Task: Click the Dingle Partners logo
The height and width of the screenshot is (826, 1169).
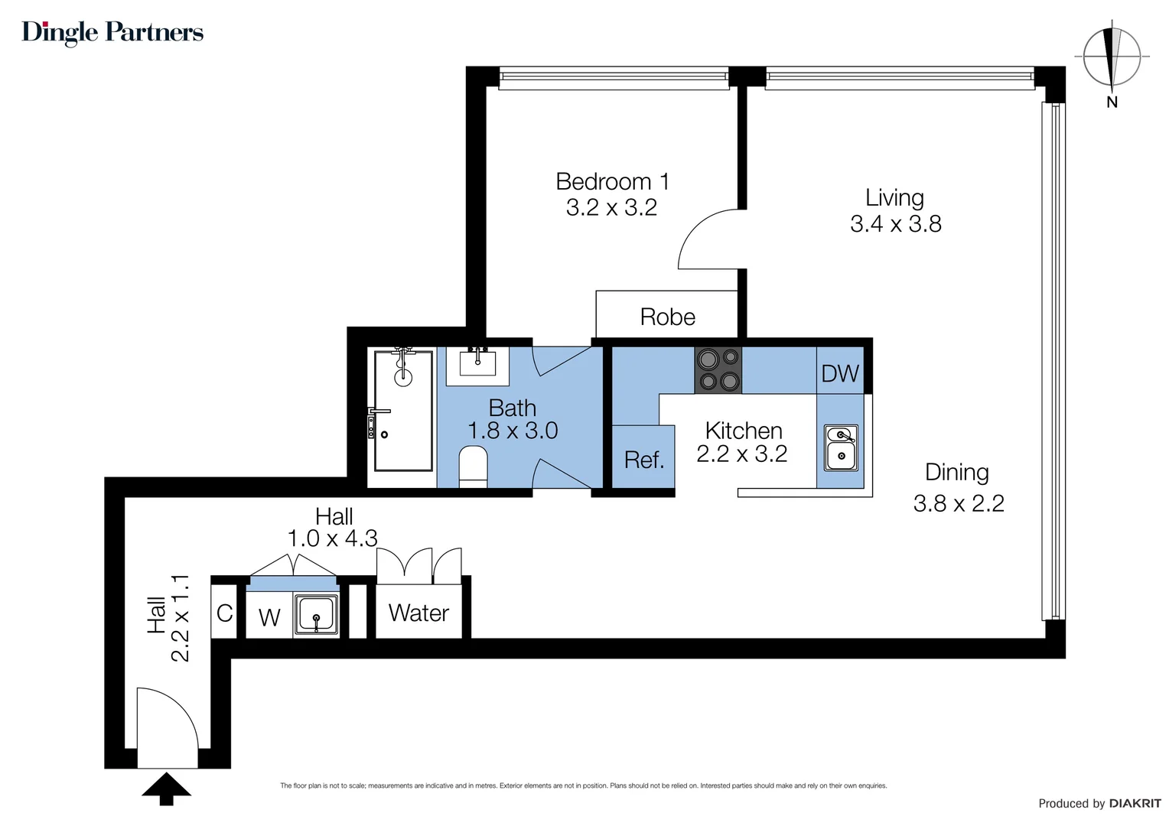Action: tap(112, 32)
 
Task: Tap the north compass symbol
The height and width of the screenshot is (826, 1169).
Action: tap(1112, 59)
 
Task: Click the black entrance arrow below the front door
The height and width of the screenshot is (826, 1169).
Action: tap(166, 789)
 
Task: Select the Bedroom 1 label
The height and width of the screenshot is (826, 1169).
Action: tap(612, 182)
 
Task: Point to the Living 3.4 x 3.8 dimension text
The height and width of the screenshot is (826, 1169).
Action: tap(895, 224)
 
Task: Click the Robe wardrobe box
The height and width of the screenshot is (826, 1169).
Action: tap(667, 315)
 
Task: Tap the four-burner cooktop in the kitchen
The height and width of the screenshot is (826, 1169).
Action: tap(718, 370)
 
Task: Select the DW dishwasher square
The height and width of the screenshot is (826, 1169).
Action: tap(840, 372)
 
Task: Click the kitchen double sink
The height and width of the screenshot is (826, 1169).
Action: tap(841, 447)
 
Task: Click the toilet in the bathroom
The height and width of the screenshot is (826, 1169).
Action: tap(473, 466)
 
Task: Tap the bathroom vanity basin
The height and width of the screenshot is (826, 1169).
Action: tap(477, 363)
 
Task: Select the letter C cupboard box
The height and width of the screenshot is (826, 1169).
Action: tap(224, 613)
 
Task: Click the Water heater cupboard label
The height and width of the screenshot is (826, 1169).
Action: tap(418, 613)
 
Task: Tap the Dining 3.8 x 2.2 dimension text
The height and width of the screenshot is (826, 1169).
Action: tap(958, 502)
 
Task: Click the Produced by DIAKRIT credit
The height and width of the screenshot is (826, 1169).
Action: tap(1099, 803)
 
